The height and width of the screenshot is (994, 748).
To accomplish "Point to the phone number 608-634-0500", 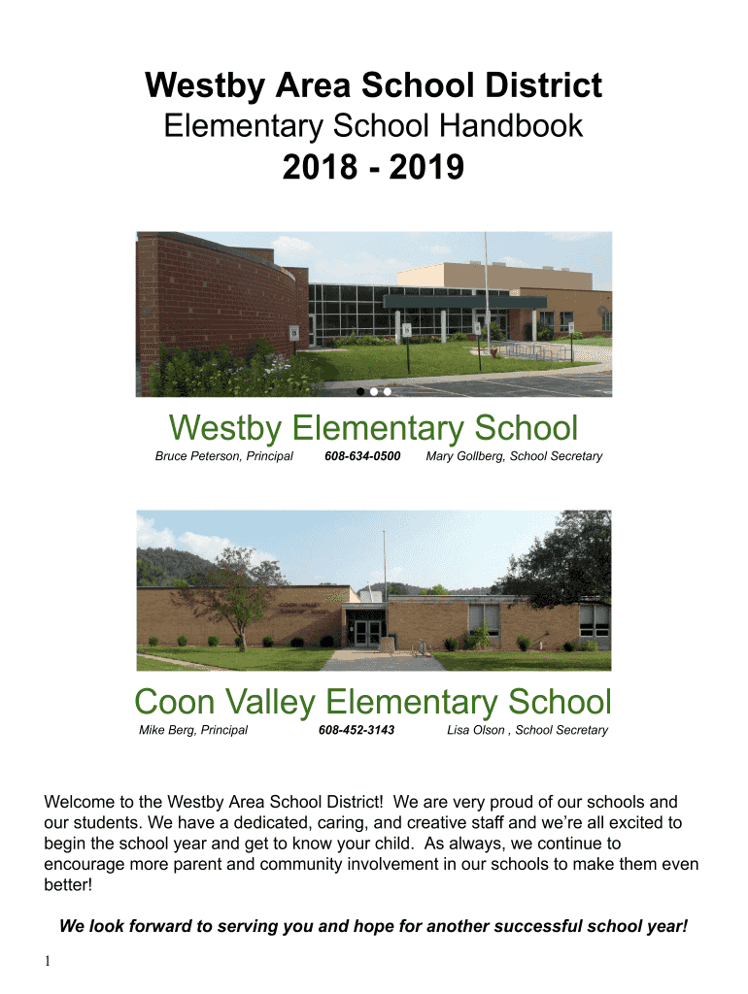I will point(362,456).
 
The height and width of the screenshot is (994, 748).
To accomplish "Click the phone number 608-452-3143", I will point(357,730).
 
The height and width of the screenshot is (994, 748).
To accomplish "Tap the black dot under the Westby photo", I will point(360,392).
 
